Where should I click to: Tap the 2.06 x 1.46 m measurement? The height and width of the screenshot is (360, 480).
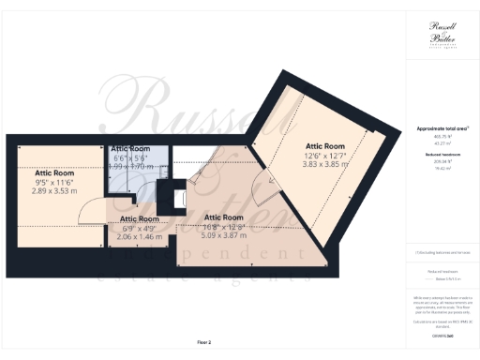tap(140, 236)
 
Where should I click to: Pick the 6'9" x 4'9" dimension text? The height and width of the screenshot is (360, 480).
tap(140, 228)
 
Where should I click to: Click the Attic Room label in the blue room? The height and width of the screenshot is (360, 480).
tap(130, 148)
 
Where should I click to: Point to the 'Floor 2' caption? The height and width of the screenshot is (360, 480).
tap(203, 342)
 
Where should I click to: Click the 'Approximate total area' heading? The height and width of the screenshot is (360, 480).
tap(442, 127)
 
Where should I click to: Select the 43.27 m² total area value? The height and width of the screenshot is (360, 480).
tap(442, 142)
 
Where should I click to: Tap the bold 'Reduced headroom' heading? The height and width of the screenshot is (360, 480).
tap(442, 152)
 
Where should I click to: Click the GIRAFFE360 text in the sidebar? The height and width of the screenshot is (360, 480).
tap(442, 334)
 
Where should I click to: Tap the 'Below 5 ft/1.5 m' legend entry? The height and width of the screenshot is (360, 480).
tap(442, 279)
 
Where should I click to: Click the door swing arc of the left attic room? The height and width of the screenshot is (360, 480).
tap(87, 217)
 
